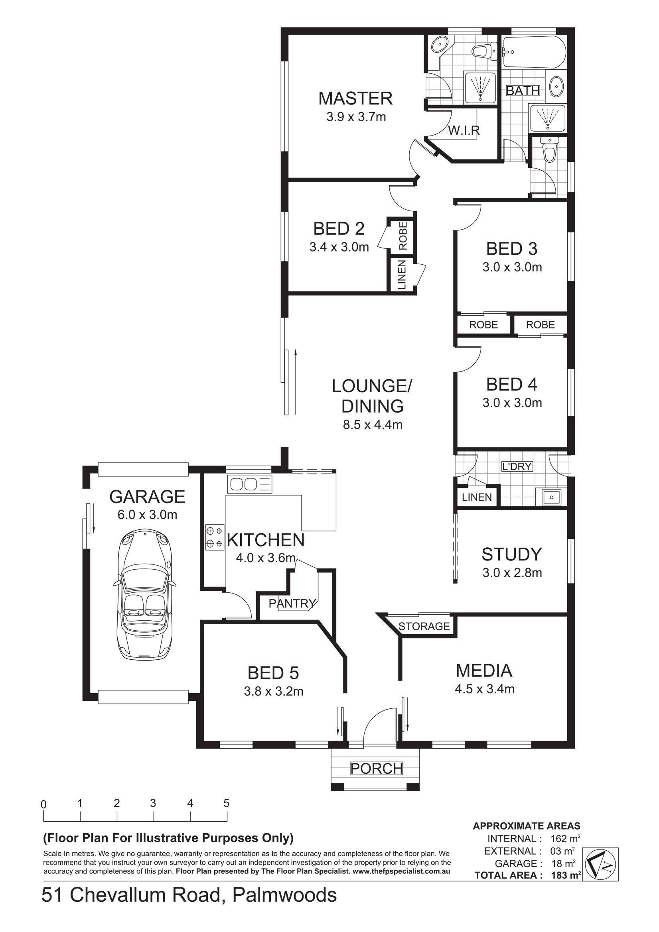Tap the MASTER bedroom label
pos(355,98)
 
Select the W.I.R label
pos(464,130)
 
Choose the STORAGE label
pos(424,626)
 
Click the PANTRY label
pos(292,604)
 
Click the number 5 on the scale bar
pos(226,803)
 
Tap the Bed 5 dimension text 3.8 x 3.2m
pos(273,691)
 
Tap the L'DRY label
pos(517,467)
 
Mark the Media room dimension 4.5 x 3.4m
pos(485,689)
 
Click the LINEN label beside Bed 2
pos(402,275)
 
